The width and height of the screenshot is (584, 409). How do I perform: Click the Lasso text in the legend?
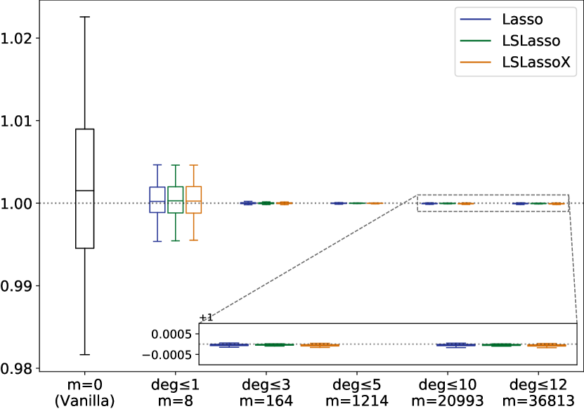(x=522, y=19)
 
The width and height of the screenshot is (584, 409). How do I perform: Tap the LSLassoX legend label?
(x=536, y=63)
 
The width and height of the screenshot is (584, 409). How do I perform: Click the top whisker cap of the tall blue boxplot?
(x=157, y=164)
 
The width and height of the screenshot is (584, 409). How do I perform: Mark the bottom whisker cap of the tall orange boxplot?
(x=194, y=240)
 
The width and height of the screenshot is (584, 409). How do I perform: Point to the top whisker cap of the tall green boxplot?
(x=175, y=165)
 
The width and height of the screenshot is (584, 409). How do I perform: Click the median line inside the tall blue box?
(x=157, y=201)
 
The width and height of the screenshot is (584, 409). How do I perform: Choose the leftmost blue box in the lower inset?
(x=229, y=344)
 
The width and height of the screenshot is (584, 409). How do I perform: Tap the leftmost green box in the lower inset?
(x=275, y=344)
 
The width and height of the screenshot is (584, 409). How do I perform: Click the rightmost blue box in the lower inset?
(x=455, y=345)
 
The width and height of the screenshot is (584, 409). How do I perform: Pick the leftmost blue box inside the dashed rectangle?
(x=429, y=203)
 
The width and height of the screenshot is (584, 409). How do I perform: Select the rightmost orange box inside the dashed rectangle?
(x=557, y=204)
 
